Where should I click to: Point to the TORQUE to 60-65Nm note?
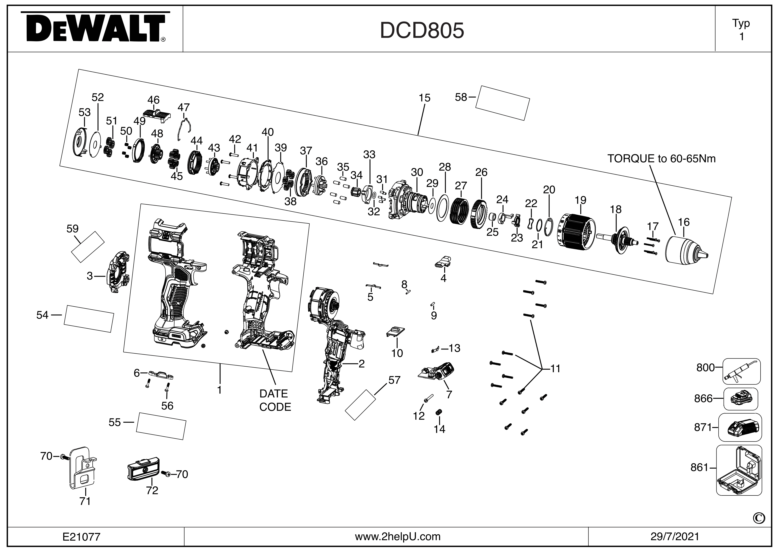coord(661,159)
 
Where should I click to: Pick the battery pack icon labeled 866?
coord(741,398)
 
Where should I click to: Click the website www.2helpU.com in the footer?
coord(397,537)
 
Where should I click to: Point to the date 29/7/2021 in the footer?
coord(675,537)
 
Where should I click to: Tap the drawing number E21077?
coord(82,537)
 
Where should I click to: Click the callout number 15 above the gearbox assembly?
coord(424,98)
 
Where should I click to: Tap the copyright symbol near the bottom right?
coord(759,518)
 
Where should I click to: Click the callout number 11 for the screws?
coord(555,368)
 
